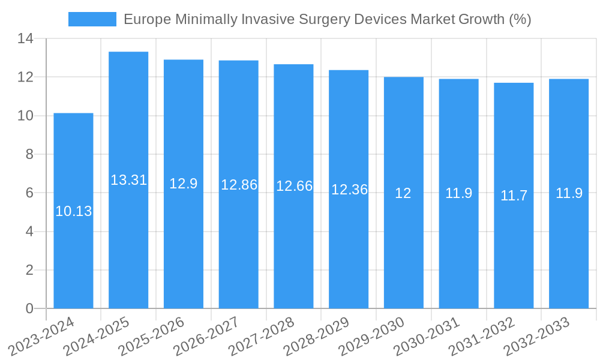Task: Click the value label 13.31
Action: tap(128, 180)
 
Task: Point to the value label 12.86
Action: tap(239, 185)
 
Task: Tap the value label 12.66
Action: tap(294, 186)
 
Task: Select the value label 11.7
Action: tap(514, 196)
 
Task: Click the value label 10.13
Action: tap(73, 211)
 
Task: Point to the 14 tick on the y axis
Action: tap(25, 39)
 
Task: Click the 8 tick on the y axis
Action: tap(29, 154)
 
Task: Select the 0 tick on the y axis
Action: tap(29, 308)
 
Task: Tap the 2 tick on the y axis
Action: tap(29, 270)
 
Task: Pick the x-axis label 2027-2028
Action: tap(261, 337)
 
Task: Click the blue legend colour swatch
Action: tap(92, 19)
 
